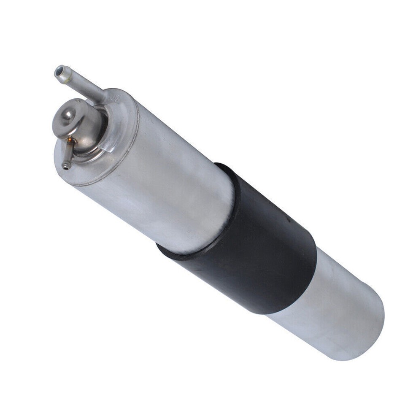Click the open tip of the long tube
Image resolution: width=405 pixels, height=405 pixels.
tap(59, 71)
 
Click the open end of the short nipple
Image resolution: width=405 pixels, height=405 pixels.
tap(65, 166)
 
